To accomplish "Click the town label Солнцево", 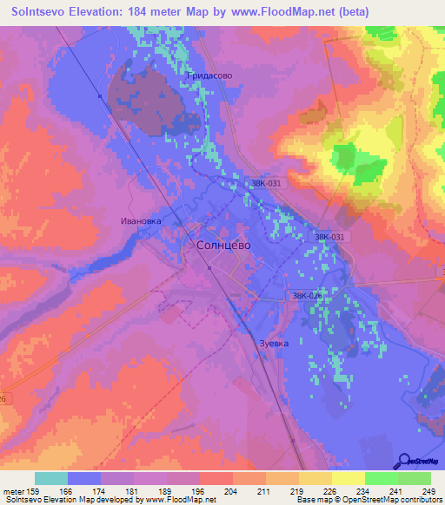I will (218, 246).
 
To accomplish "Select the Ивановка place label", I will (141, 221).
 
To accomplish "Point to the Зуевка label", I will (274, 343).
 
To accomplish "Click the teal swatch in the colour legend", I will (50, 478).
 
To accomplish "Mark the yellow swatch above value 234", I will (348, 478).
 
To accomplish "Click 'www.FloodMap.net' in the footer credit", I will (181, 501).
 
